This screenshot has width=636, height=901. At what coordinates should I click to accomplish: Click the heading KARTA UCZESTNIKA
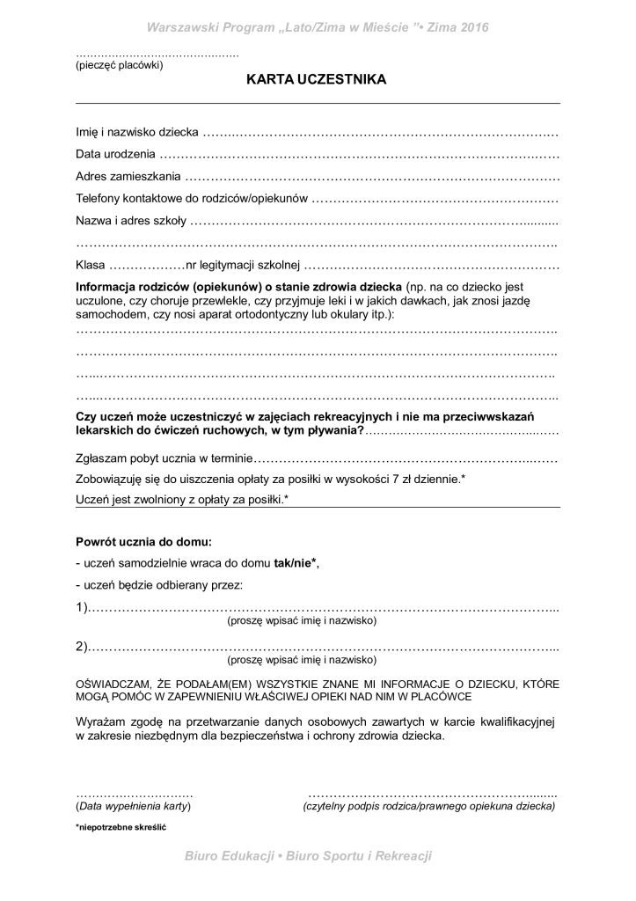[318, 80]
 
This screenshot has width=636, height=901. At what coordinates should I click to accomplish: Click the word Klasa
[91, 265]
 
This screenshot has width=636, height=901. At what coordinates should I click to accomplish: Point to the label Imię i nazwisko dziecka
[137, 133]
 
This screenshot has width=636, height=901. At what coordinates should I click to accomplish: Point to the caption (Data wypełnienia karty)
[134, 806]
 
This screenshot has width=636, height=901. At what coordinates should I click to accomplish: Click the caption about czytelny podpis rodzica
[428, 806]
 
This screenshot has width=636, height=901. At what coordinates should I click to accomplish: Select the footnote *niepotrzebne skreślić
[121, 828]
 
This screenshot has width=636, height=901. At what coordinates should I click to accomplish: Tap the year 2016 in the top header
[472, 27]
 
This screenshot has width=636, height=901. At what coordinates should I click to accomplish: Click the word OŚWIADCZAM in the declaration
[115, 683]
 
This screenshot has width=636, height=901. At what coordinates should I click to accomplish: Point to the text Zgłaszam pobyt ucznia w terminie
[164, 458]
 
